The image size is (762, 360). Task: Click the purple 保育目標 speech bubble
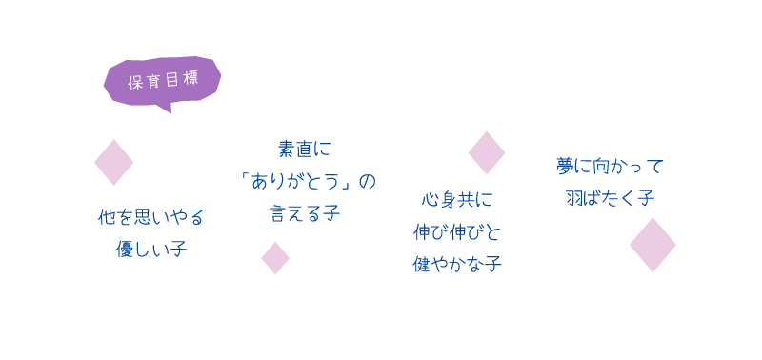162,81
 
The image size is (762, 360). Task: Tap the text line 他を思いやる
151,217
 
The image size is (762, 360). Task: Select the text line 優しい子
151,250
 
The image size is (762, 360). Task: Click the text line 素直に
304,149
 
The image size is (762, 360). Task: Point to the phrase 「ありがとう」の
304,181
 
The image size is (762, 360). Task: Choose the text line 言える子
304,212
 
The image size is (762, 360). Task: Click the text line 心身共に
457,200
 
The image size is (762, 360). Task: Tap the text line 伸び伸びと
457,231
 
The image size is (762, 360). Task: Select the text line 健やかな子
457,264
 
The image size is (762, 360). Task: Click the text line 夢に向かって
610,166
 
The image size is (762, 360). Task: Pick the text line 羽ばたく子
610,198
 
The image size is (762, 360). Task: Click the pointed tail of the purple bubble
166,109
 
